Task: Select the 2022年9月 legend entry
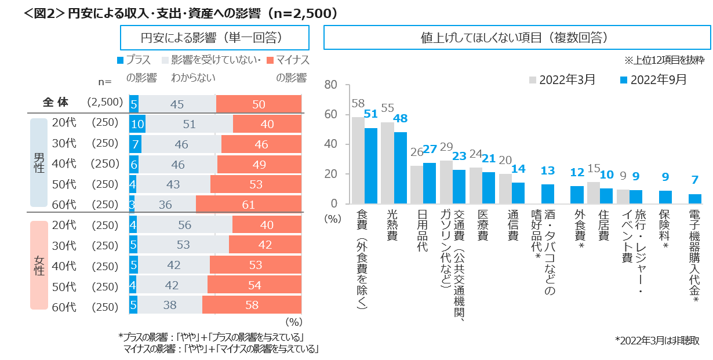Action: (x=653, y=79)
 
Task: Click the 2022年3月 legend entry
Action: (x=562, y=79)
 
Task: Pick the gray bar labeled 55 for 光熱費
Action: (x=387, y=163)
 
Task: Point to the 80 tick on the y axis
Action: (x=330, y=85)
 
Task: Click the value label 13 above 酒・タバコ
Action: (x=548, y=170)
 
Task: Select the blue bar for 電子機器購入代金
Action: (x=694, y=199)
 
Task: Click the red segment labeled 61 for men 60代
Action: (x=249, y=205)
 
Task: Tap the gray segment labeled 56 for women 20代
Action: (x=185, y=224)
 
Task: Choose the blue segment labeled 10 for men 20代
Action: (x=137, y=124)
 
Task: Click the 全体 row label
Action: (x=56, y=103)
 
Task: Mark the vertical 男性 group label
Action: (x=38, y=163)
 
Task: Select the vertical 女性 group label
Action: (x=39, y=265)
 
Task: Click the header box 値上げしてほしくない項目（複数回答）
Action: (x=516, y=38)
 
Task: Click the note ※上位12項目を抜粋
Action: (x=664, y=60)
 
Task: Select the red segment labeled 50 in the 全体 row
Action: (x=259, y=104)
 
